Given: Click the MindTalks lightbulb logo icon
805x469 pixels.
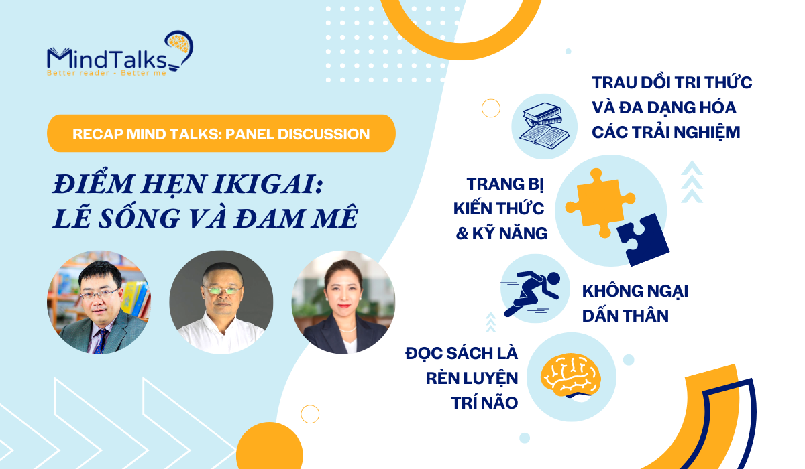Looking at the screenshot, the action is [180, 50].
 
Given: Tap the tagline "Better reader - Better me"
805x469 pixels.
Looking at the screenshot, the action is [107, 73].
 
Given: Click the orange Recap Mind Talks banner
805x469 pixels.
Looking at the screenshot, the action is [221, 133].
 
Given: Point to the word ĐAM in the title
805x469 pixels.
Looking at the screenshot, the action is [268, 218].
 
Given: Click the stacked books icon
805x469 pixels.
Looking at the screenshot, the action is [544, 124].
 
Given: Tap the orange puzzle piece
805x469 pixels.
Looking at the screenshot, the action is [600, 203].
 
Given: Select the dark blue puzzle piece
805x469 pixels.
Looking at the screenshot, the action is [643, 239].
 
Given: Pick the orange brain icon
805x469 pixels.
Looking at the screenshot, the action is [571, 375].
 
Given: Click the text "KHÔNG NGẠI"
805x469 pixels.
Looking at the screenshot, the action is [635, 291].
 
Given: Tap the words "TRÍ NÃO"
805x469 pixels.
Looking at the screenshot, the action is [484, 403].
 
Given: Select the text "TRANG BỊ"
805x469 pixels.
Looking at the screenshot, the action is [505, 184].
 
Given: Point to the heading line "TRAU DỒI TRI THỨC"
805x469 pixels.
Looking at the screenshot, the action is [672, 82].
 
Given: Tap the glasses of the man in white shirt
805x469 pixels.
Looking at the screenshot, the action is [222, 290].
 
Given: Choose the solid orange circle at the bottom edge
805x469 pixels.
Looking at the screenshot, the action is [270, 446].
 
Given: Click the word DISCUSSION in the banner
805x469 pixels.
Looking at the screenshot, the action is [323, 134].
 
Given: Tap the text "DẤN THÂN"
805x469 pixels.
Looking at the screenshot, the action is [625, 316].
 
